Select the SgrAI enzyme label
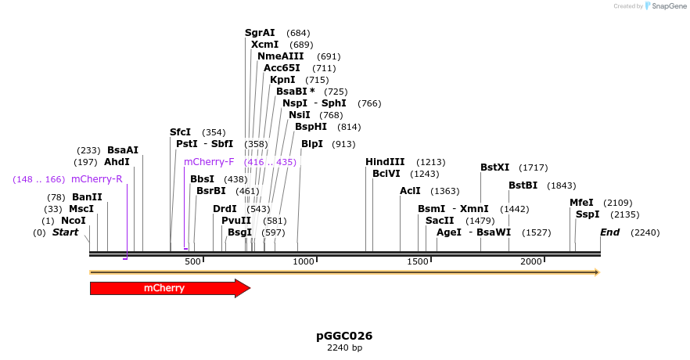pos(260,33)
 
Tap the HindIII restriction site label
pos(385,162)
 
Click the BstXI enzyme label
pos(494,167)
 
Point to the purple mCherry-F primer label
pos(209,162)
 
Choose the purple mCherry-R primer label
pos(97,179)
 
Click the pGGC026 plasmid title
pos(344,336)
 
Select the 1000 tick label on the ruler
pos(303,261)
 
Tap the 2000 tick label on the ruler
pos(532,261)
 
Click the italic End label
pos(609,232)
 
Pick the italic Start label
pos(65,232)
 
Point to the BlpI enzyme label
pos(312,144)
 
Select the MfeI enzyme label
pos(581,203)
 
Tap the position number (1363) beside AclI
pos(445,191)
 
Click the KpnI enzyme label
pos(282,80)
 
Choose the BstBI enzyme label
pos(523,185)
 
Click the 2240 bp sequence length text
pos(344,347)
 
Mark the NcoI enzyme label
pos(73,221)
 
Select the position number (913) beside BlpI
pos(343,145)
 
